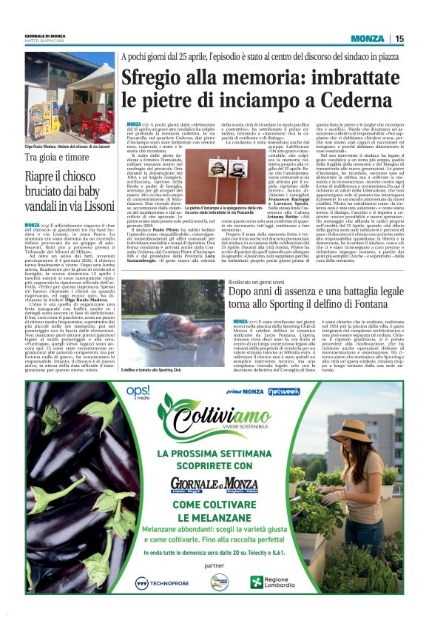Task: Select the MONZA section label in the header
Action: [368, 39]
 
